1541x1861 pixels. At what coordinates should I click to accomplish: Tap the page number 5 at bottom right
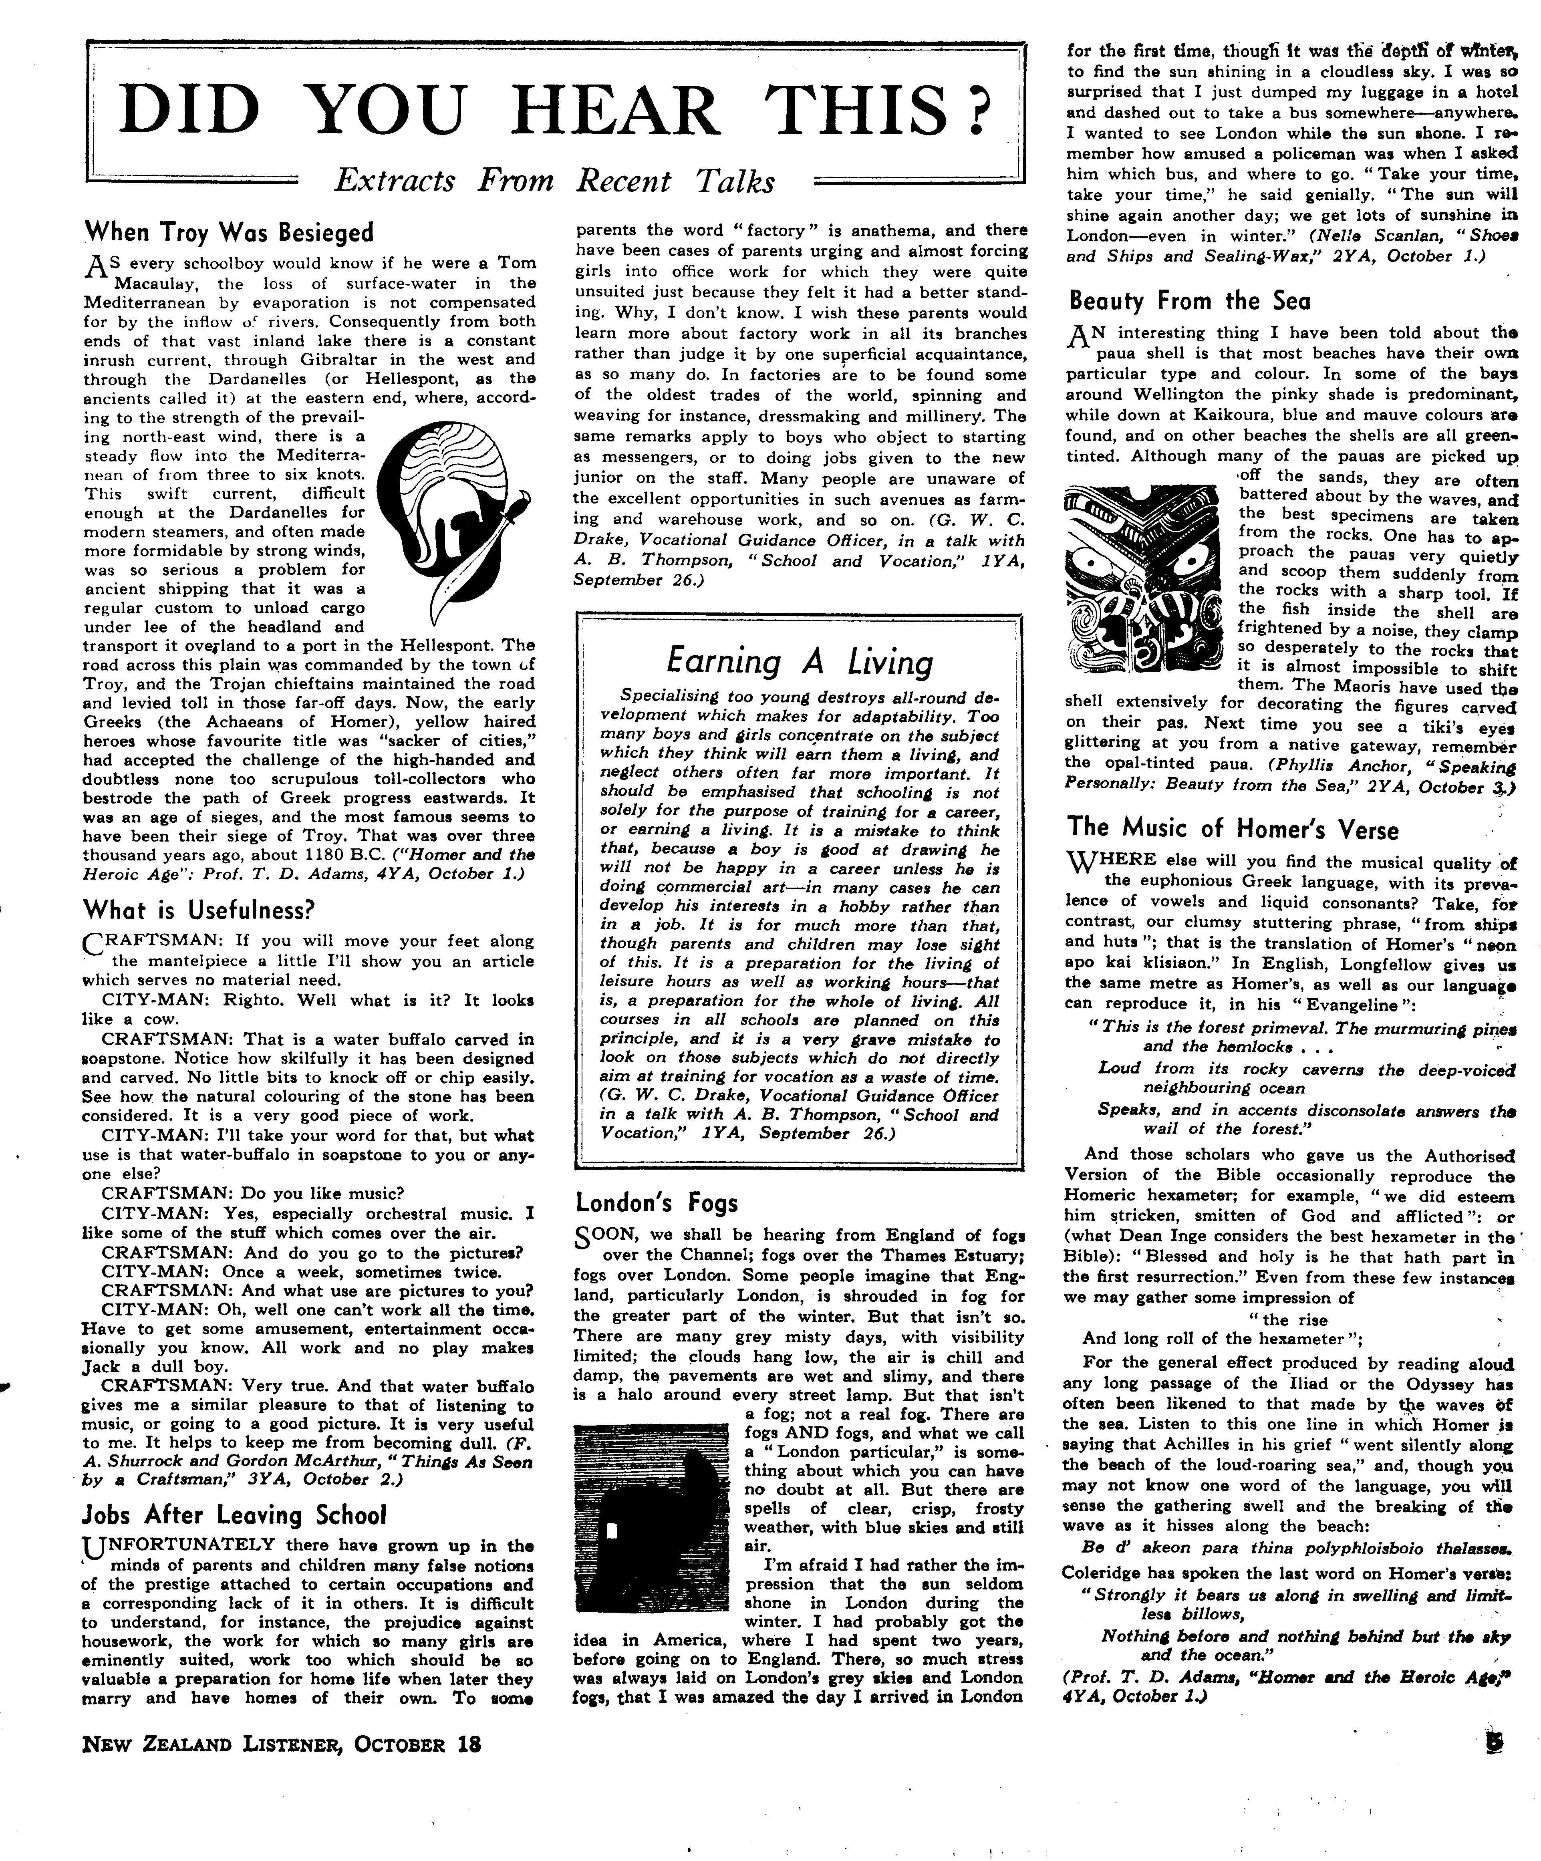[x=1497, y=1743]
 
